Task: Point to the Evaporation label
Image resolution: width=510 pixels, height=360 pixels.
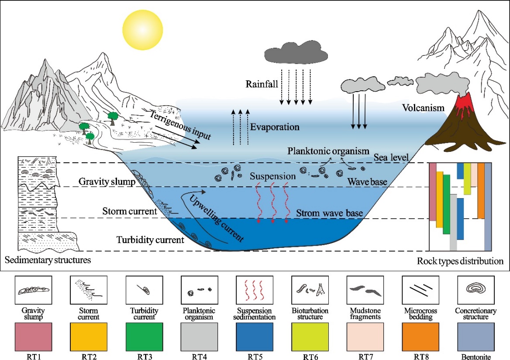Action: (x=275, y=127)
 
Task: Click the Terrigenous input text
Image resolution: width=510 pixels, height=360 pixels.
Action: (x=180, y=125)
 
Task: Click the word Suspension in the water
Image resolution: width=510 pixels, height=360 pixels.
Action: (x=272, y=176)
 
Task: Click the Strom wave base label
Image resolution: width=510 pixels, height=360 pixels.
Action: (x=330, y=213)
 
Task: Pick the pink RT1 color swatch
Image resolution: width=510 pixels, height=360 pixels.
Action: (x=33, y=335)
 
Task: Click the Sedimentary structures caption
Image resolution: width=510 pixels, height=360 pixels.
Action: (x=48, y=261)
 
